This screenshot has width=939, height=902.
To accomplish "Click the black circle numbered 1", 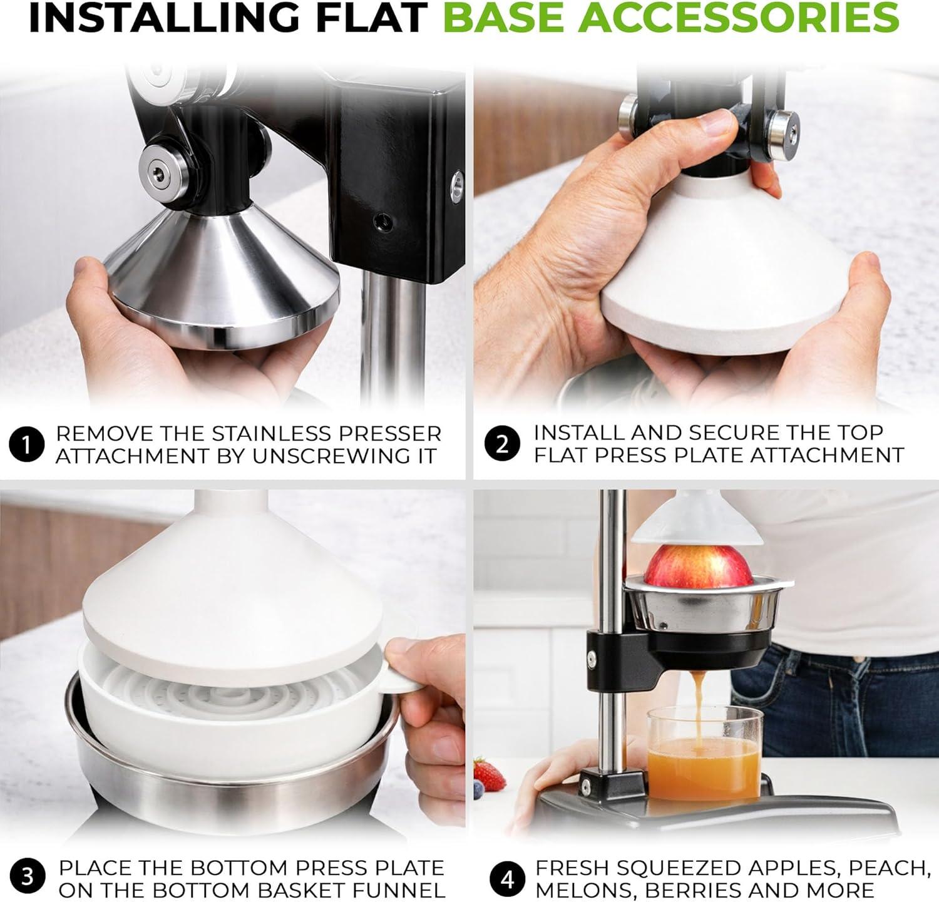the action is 27,445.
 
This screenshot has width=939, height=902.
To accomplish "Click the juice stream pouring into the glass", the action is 698,704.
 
